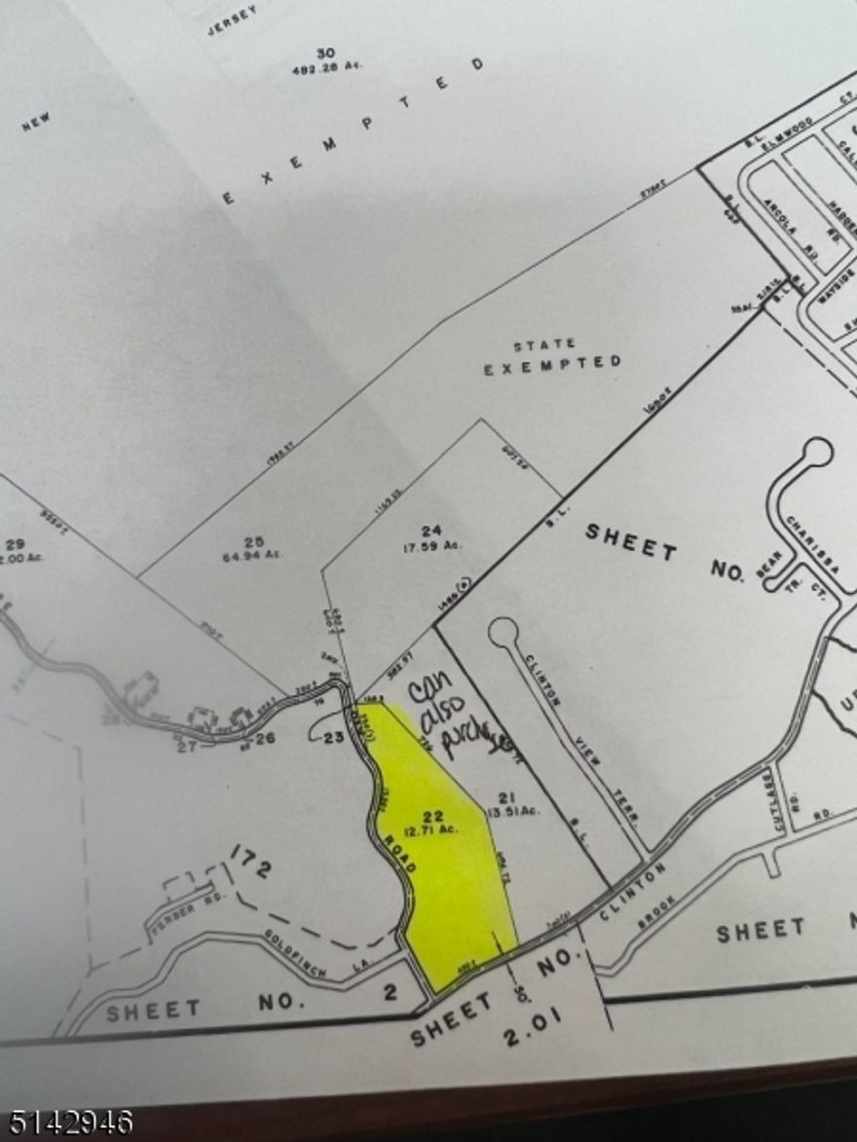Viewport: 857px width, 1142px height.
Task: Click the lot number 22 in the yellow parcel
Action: click(434, 816)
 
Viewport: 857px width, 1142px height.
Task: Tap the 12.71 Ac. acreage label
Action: click(435, 830)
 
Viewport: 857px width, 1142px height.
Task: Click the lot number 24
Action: click(432, 531)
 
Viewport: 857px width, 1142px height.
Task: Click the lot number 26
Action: click(265, 737)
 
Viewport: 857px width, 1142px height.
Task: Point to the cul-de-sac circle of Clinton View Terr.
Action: click(503, 633)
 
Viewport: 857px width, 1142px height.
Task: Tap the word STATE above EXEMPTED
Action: click(543, 345)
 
